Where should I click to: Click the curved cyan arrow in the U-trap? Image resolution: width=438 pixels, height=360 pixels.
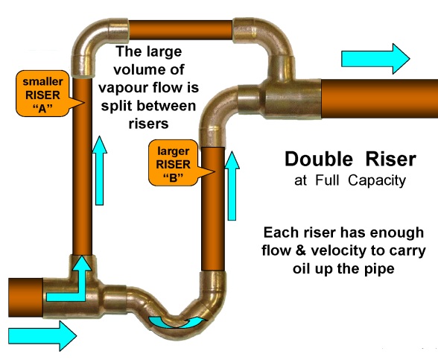click(x=176, y=321)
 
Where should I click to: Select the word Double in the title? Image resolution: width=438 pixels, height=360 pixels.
click(x=316, y=160)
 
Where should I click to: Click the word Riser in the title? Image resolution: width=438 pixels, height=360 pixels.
click(x=387, y=160)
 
